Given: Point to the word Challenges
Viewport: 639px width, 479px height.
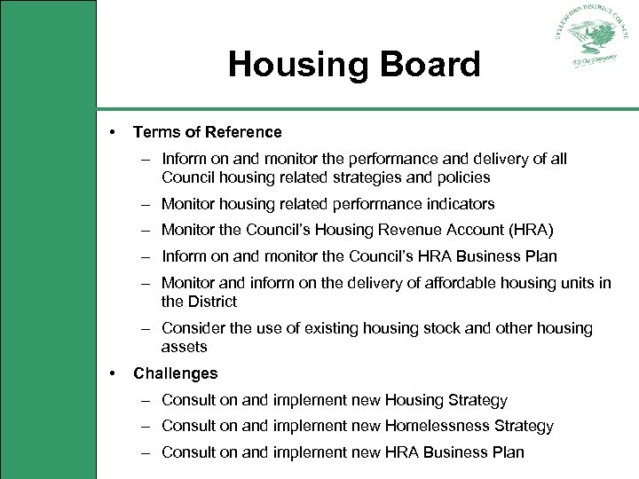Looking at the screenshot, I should [x=175, y=373].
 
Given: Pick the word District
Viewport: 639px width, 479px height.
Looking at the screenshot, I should [x=212, y=302].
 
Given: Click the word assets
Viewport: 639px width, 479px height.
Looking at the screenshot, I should [x=184, y=347].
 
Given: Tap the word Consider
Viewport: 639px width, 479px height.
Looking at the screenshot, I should [x=193, y=328].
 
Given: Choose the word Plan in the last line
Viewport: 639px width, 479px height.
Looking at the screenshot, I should [x=508, y=452].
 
